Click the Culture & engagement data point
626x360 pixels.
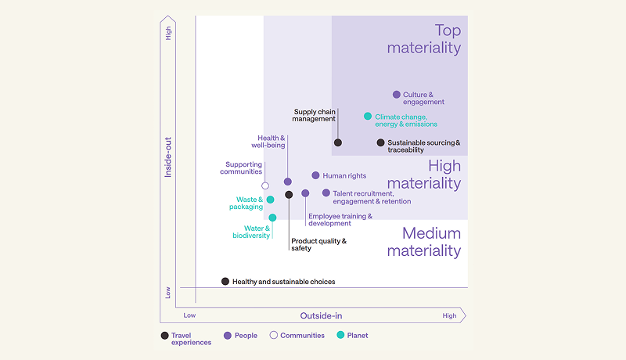click(x=397, y=95)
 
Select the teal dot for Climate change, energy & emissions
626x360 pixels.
click(x=368, y=117)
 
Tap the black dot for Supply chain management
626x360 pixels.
click(x=338, y=142)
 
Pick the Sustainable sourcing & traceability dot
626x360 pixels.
click(x=381, y=142)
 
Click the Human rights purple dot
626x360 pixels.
click(x=316, y=176)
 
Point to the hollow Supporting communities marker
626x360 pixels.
click(x=265, y=185)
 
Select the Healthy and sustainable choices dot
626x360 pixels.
click(x=225, y=281)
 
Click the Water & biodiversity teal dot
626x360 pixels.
click(x=272, y=218)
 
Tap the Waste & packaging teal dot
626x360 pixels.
click(x=271, y=200)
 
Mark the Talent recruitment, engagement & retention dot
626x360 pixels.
click(x=326, y=193)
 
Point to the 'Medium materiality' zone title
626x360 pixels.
click(x=423, y=242)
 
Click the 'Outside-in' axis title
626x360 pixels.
click(x=321, y=315)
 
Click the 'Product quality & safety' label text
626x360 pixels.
click(x=318, y=245)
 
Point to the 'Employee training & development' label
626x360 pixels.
click(x=340, y=220)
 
